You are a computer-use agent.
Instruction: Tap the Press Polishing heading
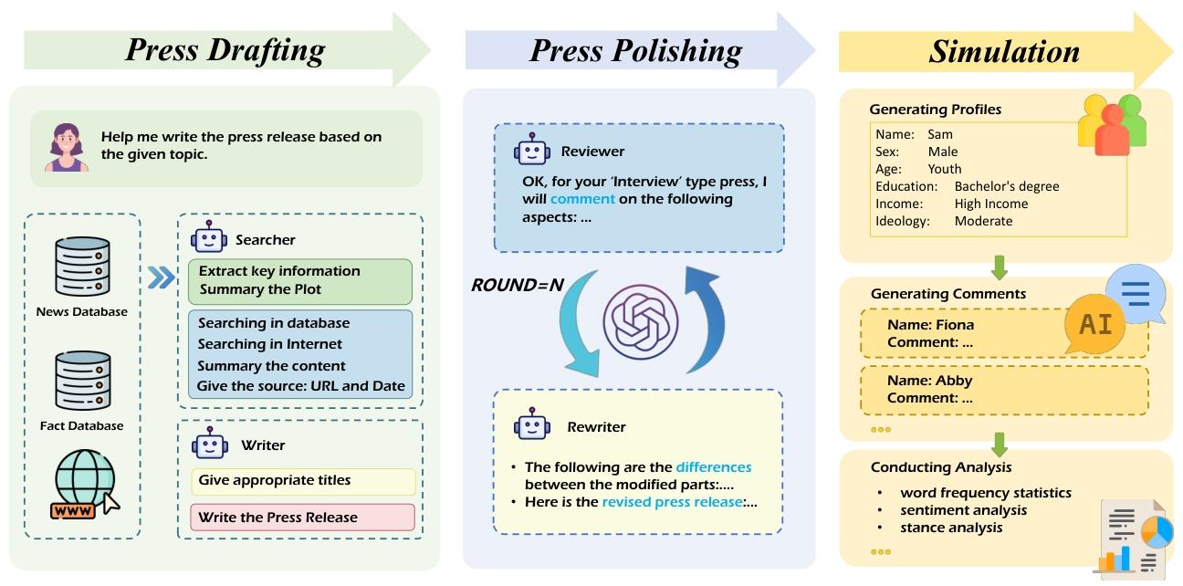[635, 50]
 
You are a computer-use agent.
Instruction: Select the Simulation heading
[1004, 50]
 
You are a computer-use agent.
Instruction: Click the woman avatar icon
[67, 148]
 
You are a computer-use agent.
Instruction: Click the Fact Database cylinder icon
[82, 380]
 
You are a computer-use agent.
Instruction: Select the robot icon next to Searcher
[209, 238]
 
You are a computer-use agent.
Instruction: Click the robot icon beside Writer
[209, 444]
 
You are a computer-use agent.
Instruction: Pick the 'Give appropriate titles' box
[303, 481]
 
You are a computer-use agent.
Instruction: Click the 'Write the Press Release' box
[303, 518]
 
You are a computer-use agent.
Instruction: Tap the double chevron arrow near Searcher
[161, 277]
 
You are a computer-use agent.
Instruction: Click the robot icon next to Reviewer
[532, 150]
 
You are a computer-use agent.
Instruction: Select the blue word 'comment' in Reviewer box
[582, 199]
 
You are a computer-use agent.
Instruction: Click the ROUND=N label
[517, 285]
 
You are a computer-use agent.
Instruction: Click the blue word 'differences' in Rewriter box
[714, 467]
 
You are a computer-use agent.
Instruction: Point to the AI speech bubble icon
[1095, 324]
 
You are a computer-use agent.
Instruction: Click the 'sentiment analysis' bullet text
[963, 510]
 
